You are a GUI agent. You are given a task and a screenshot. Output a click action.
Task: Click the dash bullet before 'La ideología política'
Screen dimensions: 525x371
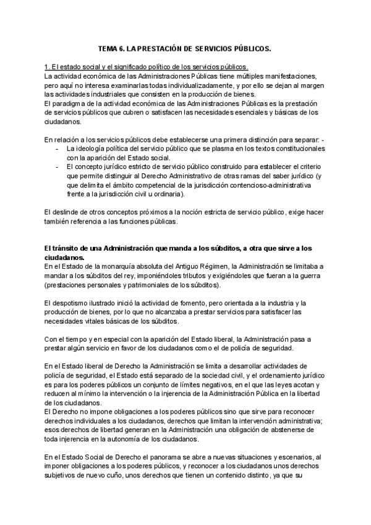point(58,149)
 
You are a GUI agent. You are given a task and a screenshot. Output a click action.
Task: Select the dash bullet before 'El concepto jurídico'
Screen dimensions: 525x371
point(58,167)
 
